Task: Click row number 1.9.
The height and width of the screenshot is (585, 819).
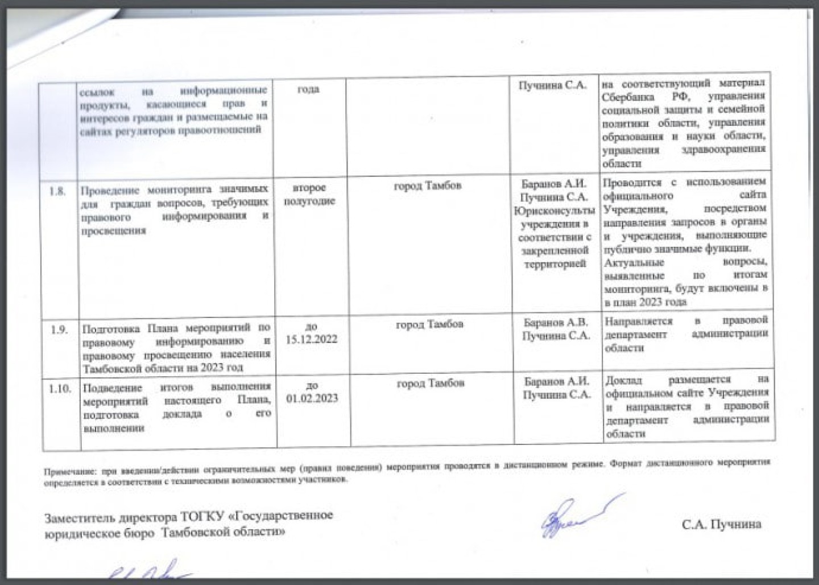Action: [59, 329]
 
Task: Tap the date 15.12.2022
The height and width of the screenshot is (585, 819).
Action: [311, 340]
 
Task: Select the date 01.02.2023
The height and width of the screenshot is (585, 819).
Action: [312, 398]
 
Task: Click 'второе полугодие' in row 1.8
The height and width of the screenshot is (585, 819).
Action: [309, 194]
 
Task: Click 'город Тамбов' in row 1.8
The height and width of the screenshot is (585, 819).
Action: [427, 186]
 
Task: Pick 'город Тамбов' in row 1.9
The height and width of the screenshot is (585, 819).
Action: [429, 324]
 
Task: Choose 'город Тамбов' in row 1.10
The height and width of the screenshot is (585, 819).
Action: [430, 384]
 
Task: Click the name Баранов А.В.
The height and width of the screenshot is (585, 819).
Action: [556, 323]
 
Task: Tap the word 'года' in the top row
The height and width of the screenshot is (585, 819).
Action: [308, 89]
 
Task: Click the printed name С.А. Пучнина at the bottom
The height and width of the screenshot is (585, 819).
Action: [721, 524]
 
